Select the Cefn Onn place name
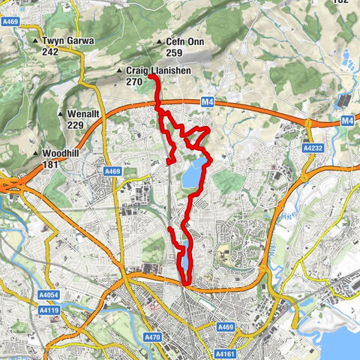[184, 43]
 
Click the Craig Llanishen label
[157, 70]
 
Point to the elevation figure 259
[174, 53]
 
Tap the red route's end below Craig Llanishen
[149, 77]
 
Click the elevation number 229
[74, 124]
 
